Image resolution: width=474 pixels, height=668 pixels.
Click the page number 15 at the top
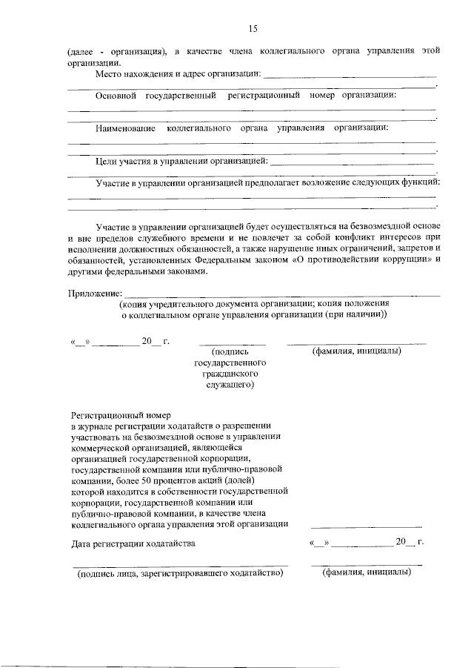click(252, 28)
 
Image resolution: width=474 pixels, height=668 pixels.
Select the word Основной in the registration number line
click(118, 96)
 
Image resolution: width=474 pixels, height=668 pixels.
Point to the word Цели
click(108, 160)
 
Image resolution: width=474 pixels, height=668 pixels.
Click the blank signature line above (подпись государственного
click(232, 343)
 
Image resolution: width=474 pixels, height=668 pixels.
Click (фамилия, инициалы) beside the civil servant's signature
click(356, 351)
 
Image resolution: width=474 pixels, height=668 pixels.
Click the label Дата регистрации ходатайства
click(133, 543)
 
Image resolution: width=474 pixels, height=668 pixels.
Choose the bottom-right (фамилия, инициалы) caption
click(367, 573)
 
